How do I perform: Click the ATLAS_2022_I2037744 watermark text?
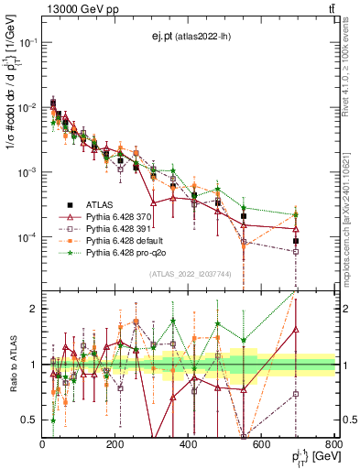click(x=188, y=273)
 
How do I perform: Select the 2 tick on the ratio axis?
click(x=34, y=309)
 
